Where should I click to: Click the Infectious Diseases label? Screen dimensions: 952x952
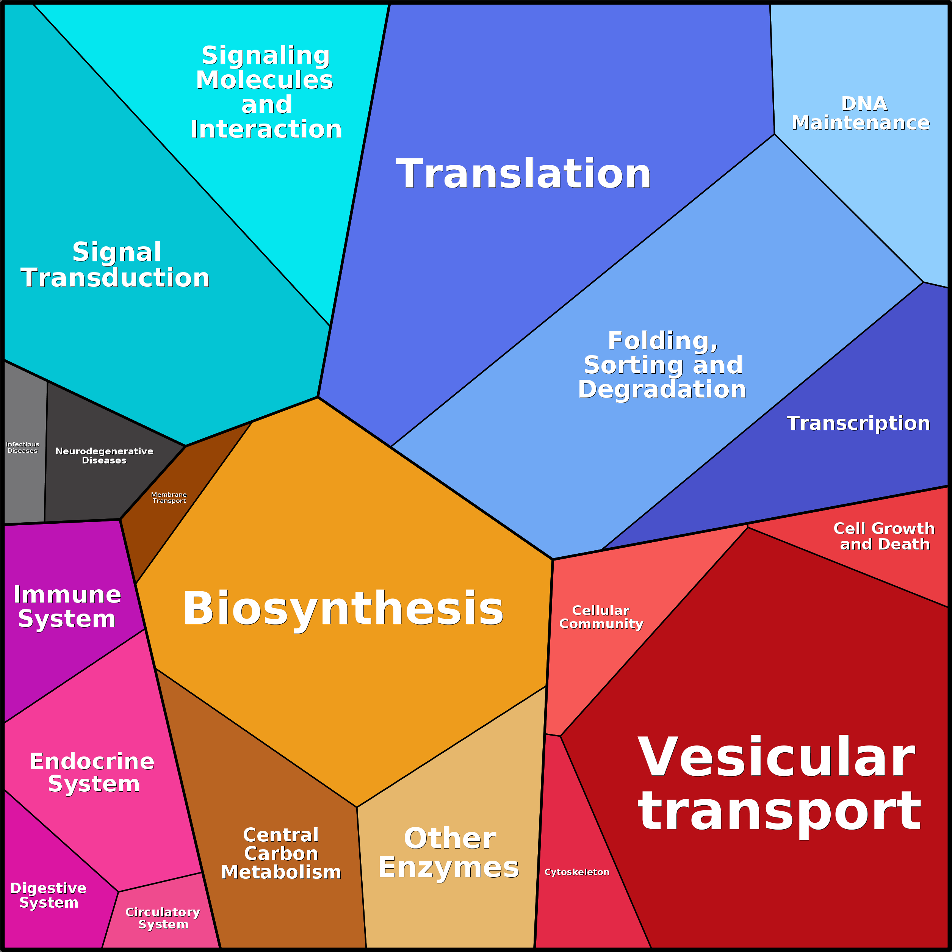coord(22,448)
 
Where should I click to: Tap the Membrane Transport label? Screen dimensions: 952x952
coord(169,498)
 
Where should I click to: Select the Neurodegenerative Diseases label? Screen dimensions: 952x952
coord(104,456)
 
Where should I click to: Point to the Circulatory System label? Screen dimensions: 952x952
coord(163,918)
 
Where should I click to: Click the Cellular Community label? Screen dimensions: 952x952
coord(601,617)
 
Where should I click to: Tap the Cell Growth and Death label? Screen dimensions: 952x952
coord(885,536)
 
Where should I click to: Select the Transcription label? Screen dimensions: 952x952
coord(858,423)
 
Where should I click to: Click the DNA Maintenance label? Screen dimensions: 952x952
coord(861,113)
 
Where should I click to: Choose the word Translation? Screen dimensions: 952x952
coord(523,174)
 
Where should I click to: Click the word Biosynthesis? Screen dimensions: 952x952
coord(343,609)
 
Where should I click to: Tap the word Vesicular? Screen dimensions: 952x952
coord(777,758)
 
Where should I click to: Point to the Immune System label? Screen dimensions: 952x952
coord(67,607)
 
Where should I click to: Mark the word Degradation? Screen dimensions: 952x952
coord(662,389)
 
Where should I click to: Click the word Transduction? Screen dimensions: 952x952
coord(115,278)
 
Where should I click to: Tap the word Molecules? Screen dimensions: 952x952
coord(265,80)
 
